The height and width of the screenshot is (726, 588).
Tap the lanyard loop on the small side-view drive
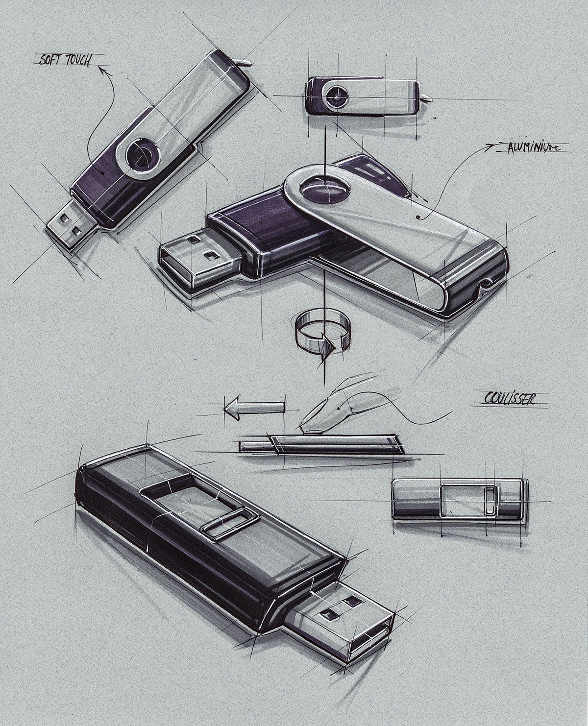(426, 97)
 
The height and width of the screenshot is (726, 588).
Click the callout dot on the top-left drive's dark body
(102, 172)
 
